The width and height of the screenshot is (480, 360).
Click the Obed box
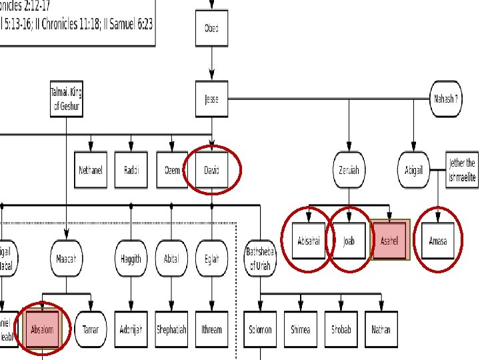[x=211, y=29]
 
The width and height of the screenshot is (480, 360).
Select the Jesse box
[x=211, y=100]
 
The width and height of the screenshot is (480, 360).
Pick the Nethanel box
[x=90, y=170]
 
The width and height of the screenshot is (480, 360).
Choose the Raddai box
[x=131, y=170]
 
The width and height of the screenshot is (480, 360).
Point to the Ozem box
[x=172, y=170]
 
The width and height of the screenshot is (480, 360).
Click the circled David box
[x=211, y=170]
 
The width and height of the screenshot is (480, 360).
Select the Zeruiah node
[x=349, y=170]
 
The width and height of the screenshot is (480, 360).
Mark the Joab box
[x=349, y=241]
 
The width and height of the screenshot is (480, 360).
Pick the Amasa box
[x=438, y=241]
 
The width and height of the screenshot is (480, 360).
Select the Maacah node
[x=66, y=259]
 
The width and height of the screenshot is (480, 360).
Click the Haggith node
[x=131, y=259]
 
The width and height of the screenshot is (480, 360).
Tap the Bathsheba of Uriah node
[x=260, y=259]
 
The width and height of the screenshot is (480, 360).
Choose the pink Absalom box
[x=41, y=329]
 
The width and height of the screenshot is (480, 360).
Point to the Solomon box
[x=260, y=329]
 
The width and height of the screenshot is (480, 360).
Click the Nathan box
[x=381, y=329]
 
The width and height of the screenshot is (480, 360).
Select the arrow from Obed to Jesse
[x=211, y=64]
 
